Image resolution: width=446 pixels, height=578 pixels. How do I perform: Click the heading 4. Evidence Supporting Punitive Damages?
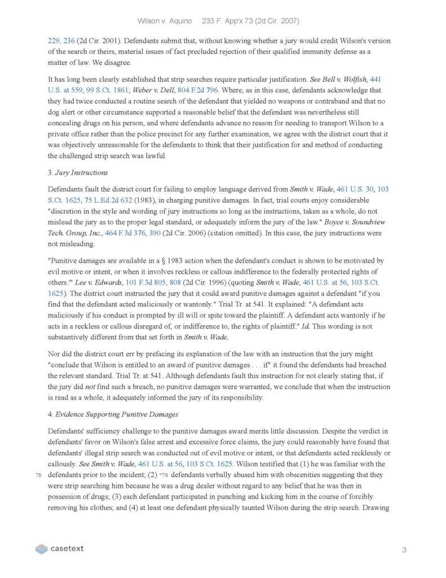[113, 414]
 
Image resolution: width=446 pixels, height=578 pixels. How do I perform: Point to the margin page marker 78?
[38, 474]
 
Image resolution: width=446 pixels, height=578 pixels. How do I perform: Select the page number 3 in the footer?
[404, 549]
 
